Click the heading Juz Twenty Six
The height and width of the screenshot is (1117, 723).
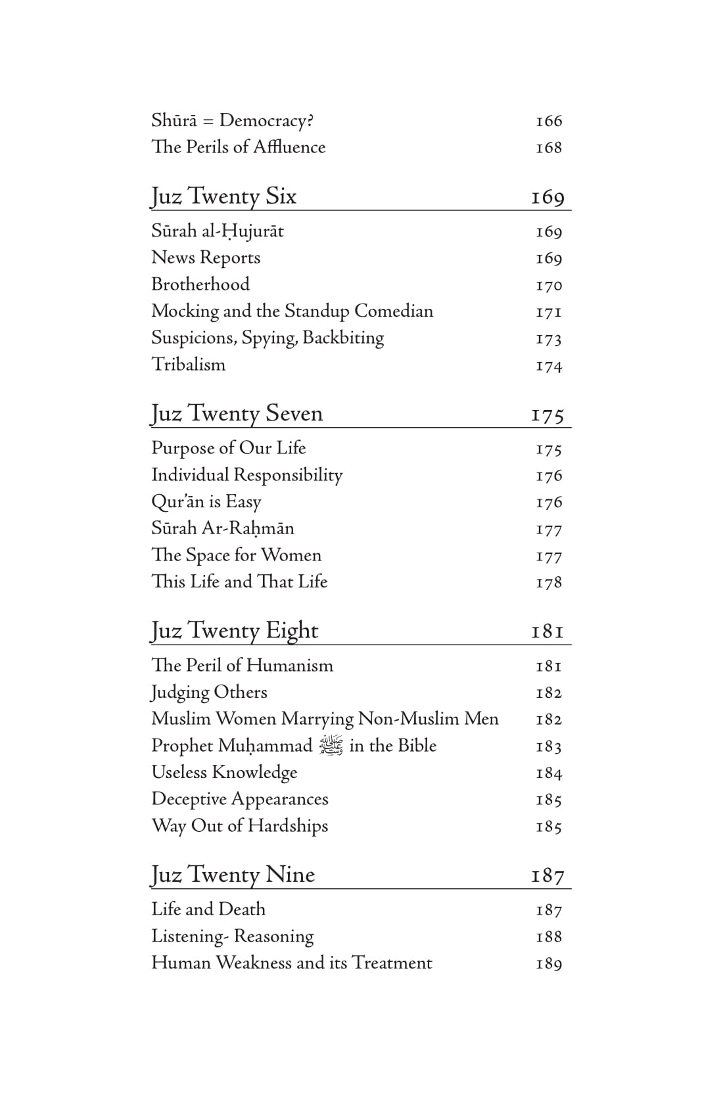[223, 196]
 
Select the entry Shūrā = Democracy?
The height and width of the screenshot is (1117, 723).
[232, 120]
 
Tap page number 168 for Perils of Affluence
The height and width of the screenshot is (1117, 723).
[549, 147]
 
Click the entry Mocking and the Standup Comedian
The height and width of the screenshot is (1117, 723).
[292, 311]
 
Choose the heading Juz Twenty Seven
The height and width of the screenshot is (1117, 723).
[237, 413]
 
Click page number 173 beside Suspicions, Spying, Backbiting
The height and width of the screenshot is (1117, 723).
[549, 338]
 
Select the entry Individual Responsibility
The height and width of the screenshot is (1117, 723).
[246, 474]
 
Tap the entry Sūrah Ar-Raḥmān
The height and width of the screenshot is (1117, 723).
[223, 528]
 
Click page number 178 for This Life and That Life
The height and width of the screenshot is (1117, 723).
[549, 582]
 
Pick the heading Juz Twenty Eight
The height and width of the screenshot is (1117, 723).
[234, 631]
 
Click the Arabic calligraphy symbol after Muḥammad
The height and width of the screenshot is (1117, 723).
[331, 746]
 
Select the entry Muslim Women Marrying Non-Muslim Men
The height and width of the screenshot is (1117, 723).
[325, 718]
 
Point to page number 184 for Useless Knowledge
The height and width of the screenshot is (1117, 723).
[549, 773]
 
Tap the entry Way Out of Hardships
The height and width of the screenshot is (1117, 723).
[239, 825]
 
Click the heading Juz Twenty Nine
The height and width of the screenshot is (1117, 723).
[233, 875]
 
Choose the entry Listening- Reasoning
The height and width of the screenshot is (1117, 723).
[232, 936]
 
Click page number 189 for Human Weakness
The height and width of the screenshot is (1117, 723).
[549, 963]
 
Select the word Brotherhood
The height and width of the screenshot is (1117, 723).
[200, 284]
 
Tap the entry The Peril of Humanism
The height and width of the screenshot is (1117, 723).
[242, 665]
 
